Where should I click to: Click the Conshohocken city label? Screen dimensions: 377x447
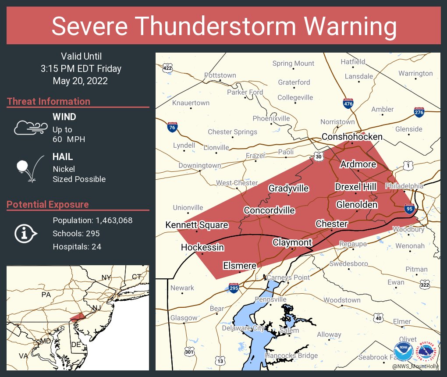pos(352,137)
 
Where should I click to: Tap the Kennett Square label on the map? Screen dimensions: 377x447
pos(196,225)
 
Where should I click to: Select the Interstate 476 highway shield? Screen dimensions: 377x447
pos(348,103)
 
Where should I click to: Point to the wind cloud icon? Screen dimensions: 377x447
pos(30,128)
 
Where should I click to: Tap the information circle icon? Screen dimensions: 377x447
pos(25,234)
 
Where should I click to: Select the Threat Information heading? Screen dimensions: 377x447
pos(49,101)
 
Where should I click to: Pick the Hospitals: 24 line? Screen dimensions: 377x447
pos(77,247)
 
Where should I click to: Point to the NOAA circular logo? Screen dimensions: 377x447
pos(403,352)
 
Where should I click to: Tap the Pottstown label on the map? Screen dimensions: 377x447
pos(220,75)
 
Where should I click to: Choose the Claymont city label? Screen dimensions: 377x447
pos(292,242)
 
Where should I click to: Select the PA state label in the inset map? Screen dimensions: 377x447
pos(46,295)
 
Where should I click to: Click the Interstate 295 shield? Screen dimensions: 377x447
pos(234,288)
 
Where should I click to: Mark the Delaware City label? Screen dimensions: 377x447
pos(243,328)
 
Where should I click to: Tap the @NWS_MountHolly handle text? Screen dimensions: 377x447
pos(415,366)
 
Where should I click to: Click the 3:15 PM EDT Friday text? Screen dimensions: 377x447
pos(81,69)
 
